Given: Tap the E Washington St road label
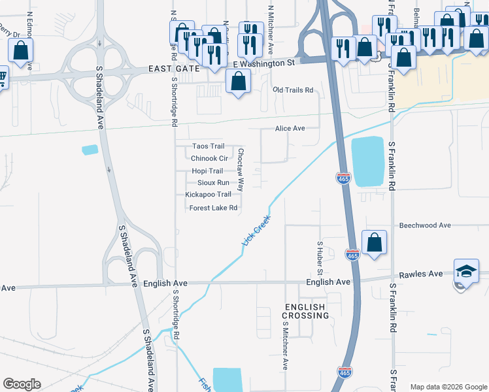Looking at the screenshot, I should click(x=265, y=63).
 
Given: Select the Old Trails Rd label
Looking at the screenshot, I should click(x=293, y=90).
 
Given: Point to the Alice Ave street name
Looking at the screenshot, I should click(x=290, y=129).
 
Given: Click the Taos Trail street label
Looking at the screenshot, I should click(x=208, y=146).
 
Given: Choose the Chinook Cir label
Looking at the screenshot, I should click(x=209, y=158).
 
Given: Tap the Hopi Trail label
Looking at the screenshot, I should click(x=207, y=171).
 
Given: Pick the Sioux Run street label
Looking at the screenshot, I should click(x=213, y=182).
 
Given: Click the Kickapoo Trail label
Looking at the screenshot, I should click(x=208, y=194).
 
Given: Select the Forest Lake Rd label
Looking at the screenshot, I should click(x=212, y=208).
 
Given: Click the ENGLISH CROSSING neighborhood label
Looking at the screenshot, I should click(x=306, y=311).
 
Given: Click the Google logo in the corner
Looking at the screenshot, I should click(x=22, y=384).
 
